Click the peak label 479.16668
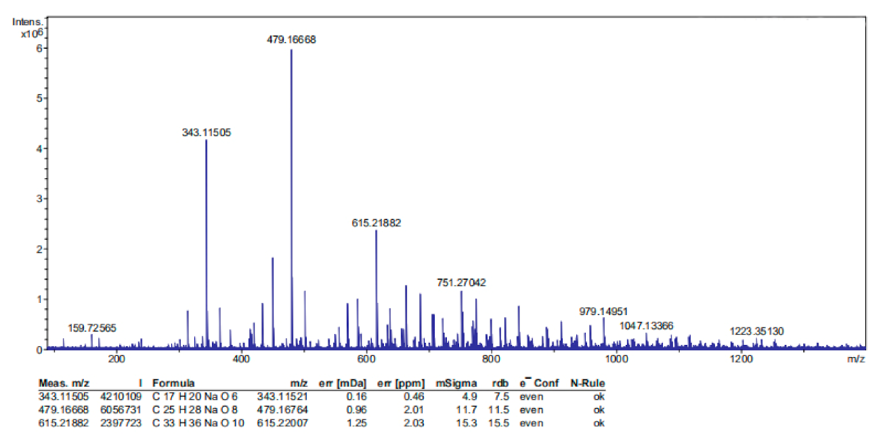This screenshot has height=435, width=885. click(291, 40)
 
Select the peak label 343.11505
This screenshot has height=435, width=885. click(207, 133)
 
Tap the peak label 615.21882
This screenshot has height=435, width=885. click(376, 222)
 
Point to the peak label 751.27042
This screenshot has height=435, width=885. click(461, 283)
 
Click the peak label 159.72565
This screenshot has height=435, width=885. click(92, 328)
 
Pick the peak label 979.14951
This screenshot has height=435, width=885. click(603, 312)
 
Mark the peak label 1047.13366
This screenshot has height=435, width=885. click(647, 326)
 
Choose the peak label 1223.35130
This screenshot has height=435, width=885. click(756, 331)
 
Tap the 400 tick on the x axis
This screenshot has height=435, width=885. click(242, 358)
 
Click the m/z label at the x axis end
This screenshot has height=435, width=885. click(857, 358)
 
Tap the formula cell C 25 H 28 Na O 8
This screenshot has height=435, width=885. click(196, 409)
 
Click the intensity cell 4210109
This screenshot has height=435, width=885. click(123, 396)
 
